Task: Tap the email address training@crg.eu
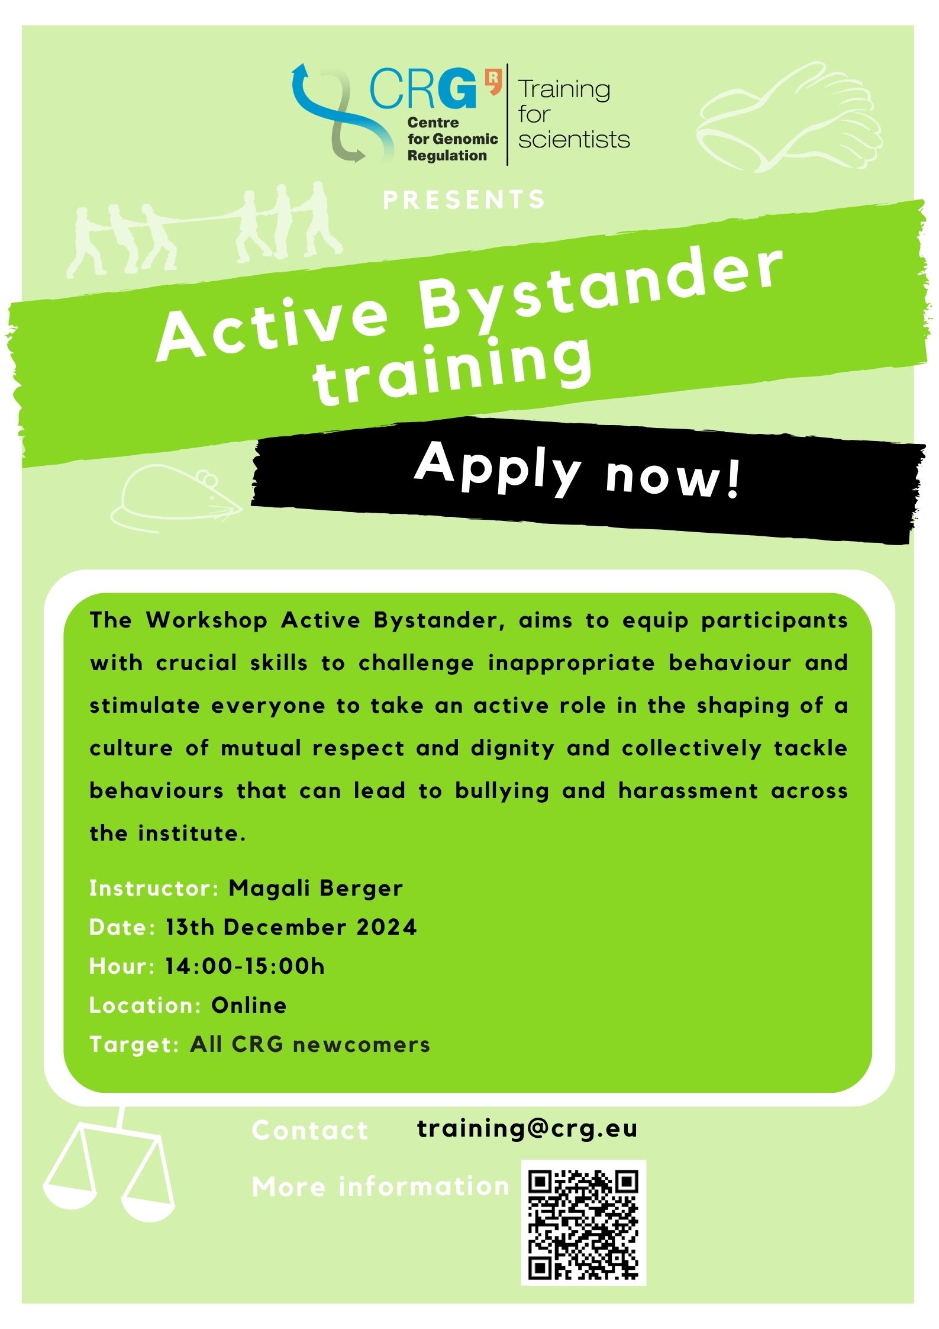(x=527, y=1128)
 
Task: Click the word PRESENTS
(x=464, y=199)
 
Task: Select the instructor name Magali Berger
(x=316, y=888)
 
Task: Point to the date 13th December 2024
(x=291, y=927)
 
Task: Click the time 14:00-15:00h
(x=245, y=966)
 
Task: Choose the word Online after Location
(x=249, y=1005)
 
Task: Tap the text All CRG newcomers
(x=310, y=1044)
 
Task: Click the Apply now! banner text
(x=577, y=472)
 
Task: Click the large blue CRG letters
(x=424, y=88)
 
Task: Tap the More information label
(x=380, y=1187)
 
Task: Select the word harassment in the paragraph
(x=688, y=791)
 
